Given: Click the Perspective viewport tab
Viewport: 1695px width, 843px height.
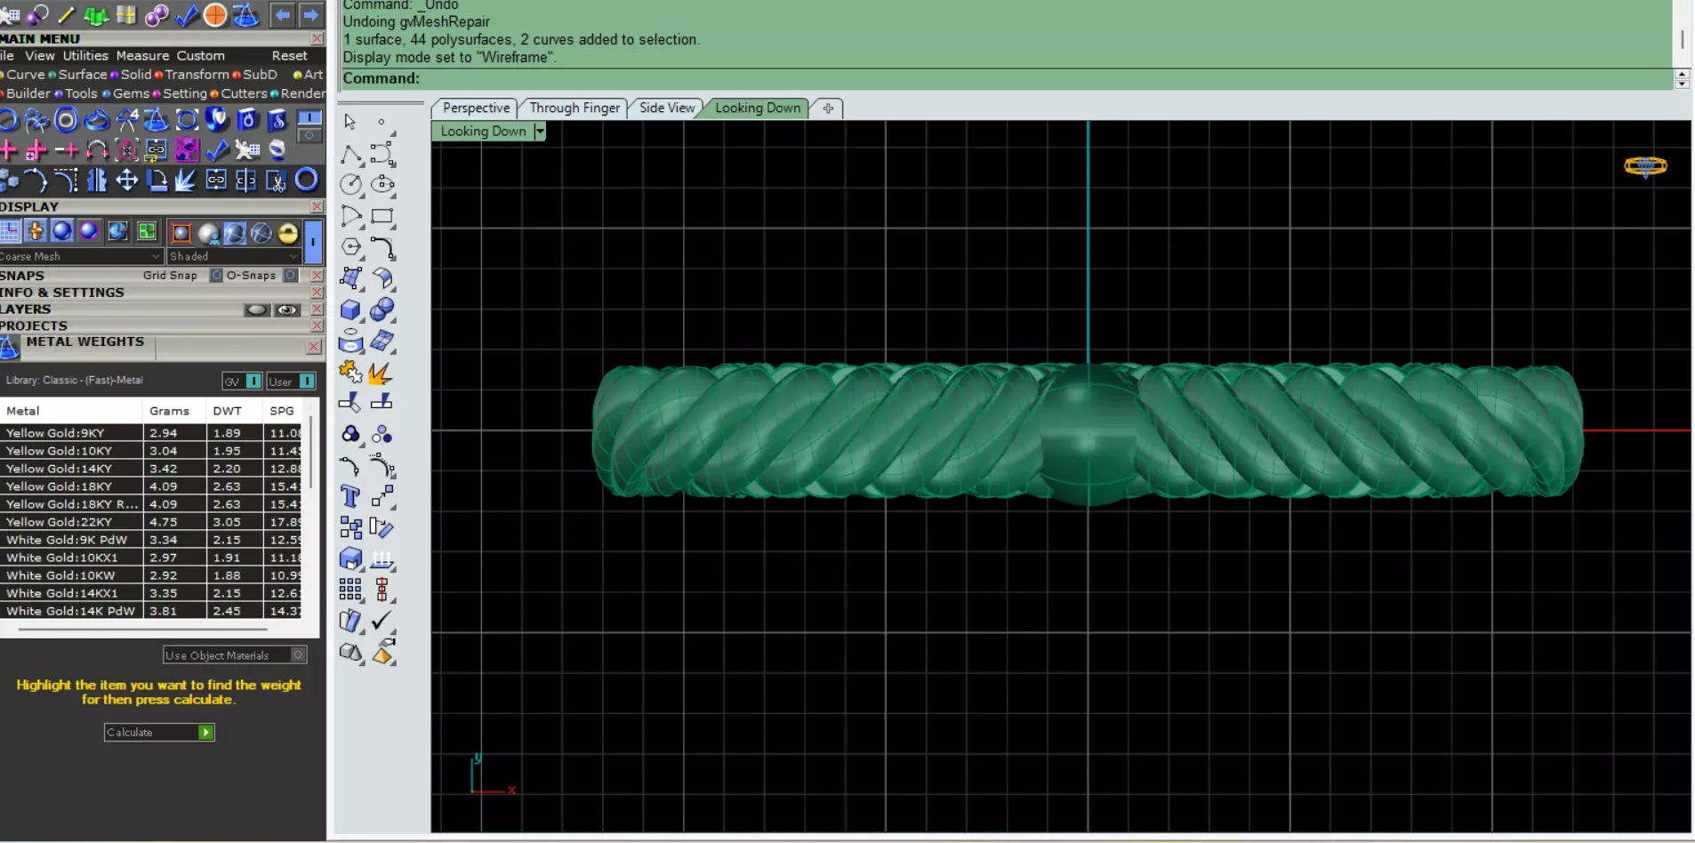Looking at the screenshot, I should pyautogui.click(x=476, y=108).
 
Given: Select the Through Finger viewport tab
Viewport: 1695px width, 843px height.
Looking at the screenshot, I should pyautogui.click(x=574, y=108).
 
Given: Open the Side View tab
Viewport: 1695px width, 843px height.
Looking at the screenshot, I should pyautogui.click(x=667, y=108).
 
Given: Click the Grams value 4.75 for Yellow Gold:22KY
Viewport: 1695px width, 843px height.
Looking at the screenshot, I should pyautogui.click(x=164, y=522).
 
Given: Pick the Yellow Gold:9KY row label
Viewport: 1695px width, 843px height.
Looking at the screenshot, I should pyautogui.click(x=55, y=433).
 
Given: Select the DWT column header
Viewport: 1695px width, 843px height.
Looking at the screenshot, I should pyautogui.click(x=227, y=411).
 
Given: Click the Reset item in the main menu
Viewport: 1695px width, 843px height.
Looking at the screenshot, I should pyautogui.click(x=289, y=56).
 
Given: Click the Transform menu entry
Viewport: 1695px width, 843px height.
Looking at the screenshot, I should pyautogui.click(x=197, y=75).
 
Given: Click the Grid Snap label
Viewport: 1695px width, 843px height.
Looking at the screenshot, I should pyautogui.click(x=170, y=276).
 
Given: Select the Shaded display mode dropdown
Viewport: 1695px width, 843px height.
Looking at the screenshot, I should pyautogui.click(x=234, y=256).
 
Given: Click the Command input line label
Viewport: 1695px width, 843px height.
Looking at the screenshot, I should pyautogui.click(x=381, y=78).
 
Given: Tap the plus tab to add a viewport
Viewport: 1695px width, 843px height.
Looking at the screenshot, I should pyautogui.click(x=828, y=108).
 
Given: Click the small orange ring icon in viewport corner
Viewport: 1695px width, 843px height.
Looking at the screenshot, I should pyautogui.click(x=1645, y=166).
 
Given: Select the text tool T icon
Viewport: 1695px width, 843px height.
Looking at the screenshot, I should pyautogui.click(x=350, y=496).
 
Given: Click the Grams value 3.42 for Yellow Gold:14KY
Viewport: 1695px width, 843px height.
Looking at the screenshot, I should pyautogui.click(x=164, y=469).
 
